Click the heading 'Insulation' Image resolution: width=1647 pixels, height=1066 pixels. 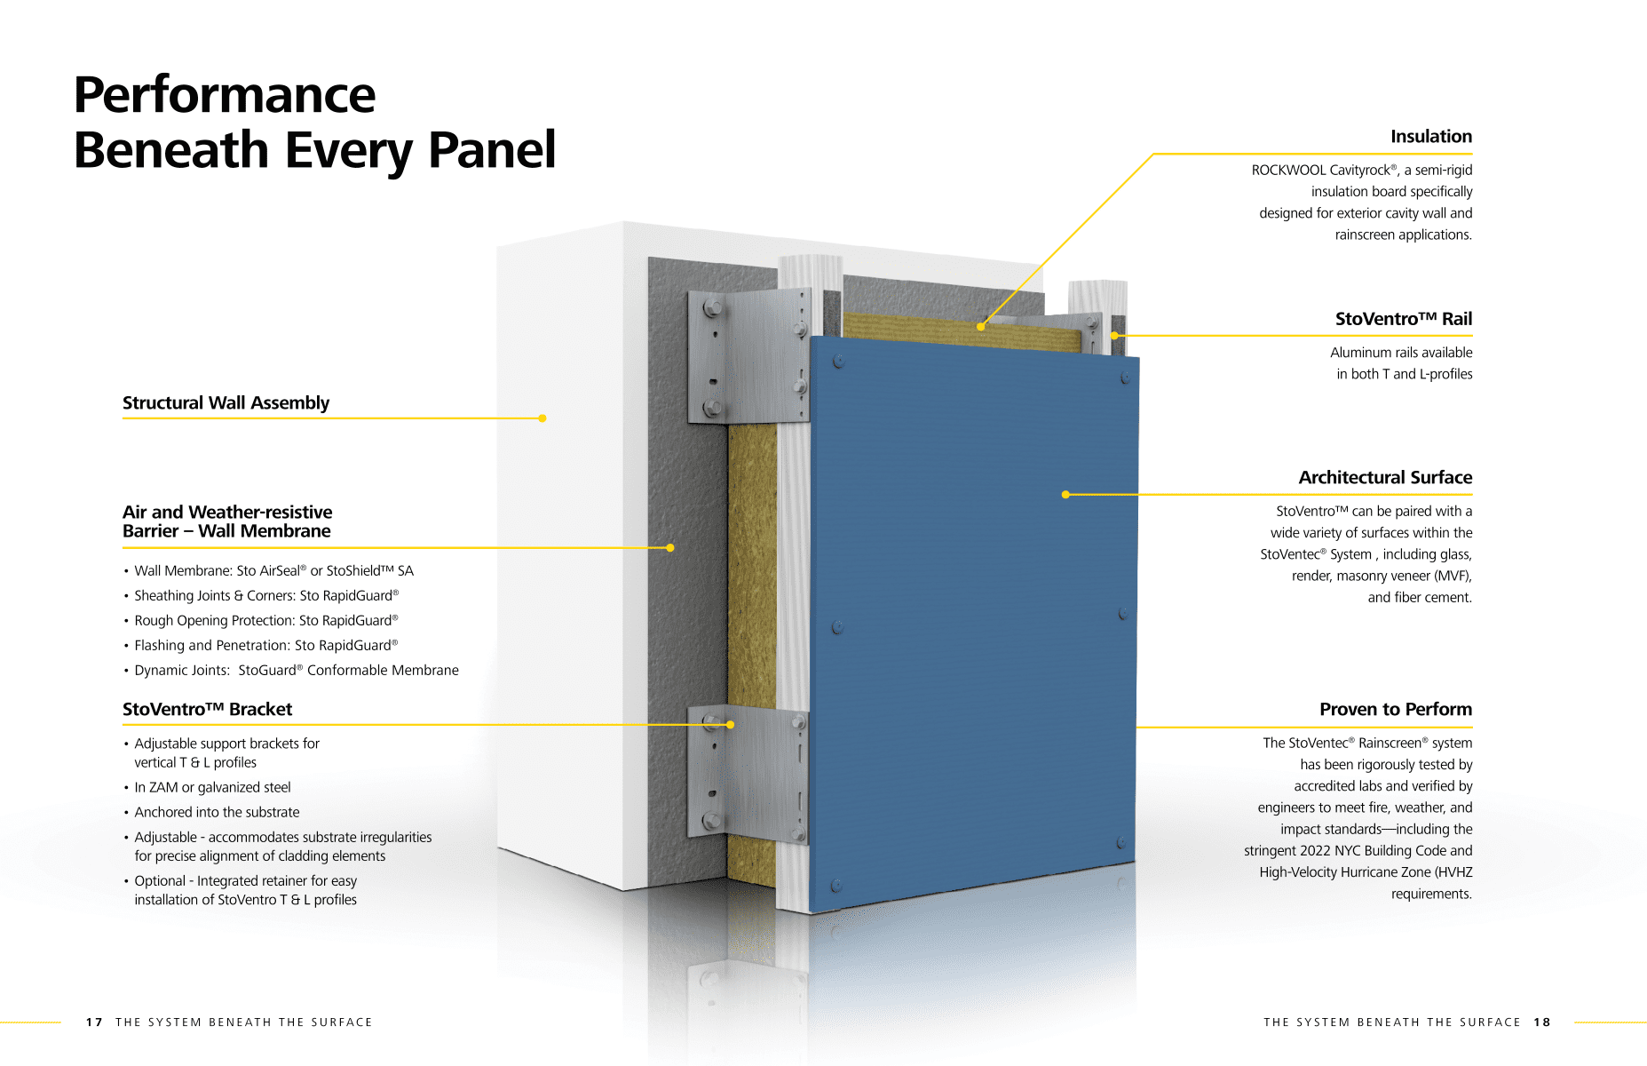click(1430, 137)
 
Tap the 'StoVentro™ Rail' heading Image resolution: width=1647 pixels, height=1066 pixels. click(1403, 319)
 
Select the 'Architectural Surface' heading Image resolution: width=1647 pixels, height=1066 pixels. click(1384, 478)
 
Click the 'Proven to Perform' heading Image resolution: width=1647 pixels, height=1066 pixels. click(1395, 710)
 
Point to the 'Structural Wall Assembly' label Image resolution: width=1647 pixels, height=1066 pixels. click(226, 403)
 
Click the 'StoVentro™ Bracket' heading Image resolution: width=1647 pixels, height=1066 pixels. click(207, 710)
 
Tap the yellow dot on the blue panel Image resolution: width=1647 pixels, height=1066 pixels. click(1065, 495)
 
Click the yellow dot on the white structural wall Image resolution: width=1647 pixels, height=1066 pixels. click(542, 418)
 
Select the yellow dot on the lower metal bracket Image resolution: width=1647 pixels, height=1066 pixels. click(730, 725)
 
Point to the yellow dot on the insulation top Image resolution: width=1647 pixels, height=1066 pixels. click(980, 327)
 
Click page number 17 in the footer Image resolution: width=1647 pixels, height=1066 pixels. click(94, 1022)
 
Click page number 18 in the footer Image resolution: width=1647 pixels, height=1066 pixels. click(1541, 1022)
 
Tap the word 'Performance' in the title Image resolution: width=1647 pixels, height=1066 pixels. click(225, 95)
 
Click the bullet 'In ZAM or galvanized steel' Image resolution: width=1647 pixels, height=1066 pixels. click(212, 788)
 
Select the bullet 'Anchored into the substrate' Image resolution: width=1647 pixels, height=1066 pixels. click(217, 813)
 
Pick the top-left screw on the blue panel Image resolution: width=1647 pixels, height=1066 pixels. click(838, 362)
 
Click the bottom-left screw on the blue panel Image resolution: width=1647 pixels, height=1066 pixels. click(835, 886)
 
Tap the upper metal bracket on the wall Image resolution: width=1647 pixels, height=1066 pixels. click(748, 355)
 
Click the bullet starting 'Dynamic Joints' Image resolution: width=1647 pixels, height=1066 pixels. click(296, 671)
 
